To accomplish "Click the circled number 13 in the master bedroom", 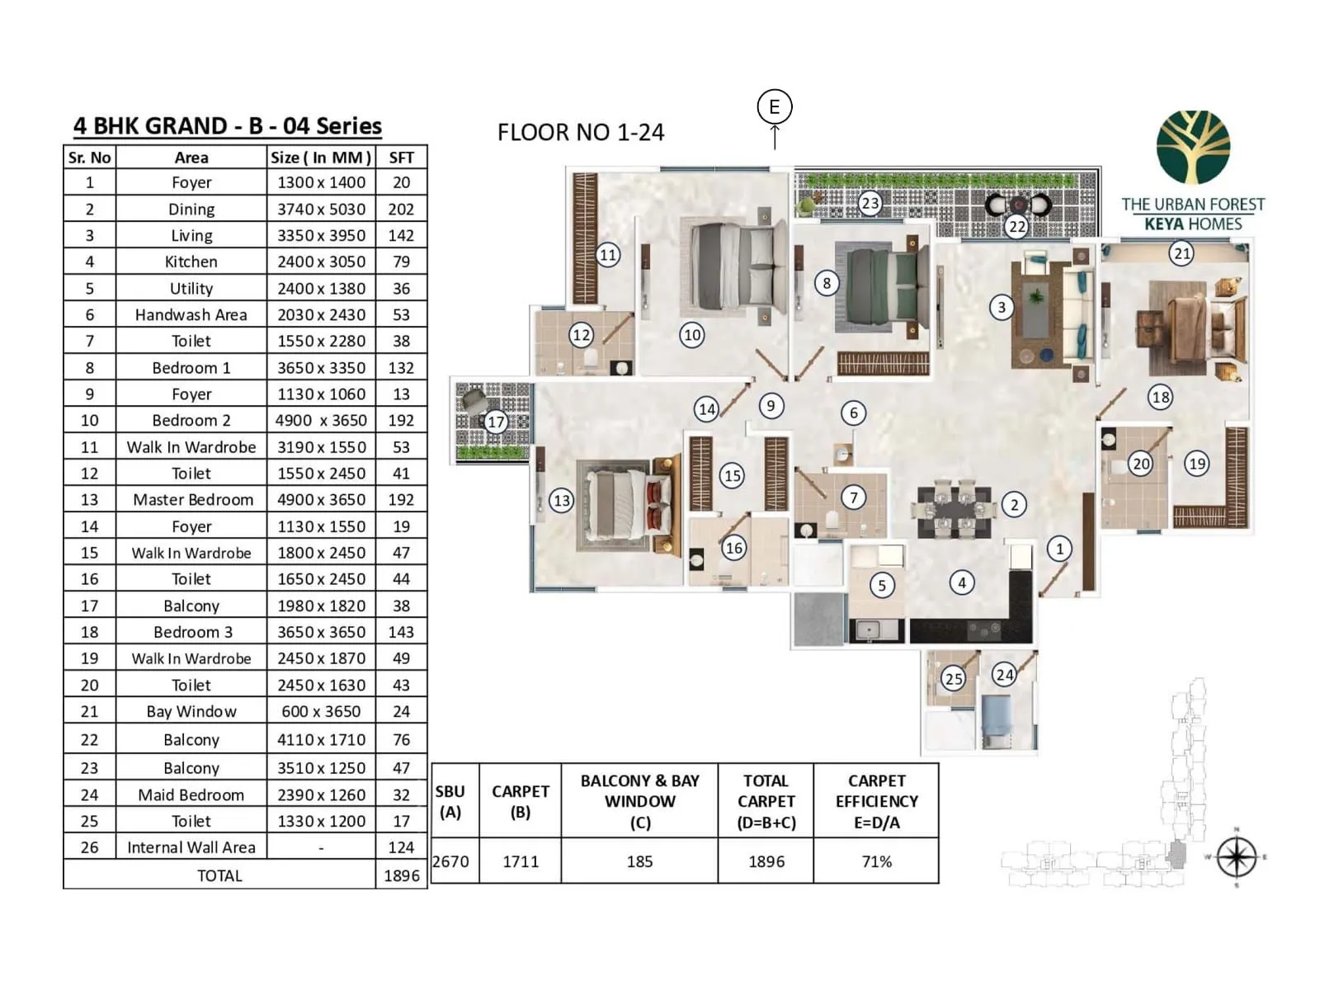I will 562,501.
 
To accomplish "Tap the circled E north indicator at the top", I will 774,107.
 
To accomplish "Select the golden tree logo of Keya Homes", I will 1193,148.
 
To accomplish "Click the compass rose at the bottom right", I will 1236,857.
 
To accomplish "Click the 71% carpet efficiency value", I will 876,861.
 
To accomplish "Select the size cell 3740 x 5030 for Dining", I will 321,210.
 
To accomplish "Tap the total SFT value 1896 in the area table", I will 401,875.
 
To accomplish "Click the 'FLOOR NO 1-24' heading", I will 580,133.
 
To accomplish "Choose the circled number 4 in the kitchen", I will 961,582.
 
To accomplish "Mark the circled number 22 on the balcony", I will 1016,226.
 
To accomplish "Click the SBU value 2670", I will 451,861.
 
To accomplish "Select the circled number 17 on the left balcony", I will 495,422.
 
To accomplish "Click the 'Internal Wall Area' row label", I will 191,847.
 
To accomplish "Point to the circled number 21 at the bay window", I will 1181,253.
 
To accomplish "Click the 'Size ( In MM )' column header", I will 321,158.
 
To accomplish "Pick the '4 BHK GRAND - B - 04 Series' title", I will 228,126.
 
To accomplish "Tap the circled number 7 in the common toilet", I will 854,497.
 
